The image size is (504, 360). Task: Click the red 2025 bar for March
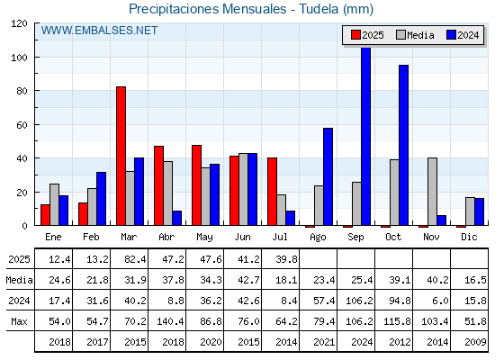pyautogui.click(x=121, y=156)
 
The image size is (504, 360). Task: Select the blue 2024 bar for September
pyautogui.click(x=365, y=136)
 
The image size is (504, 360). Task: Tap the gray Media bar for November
pyautogui.click(x=432, y=192)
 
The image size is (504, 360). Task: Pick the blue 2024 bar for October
pyautogui.click(x=404, y=145)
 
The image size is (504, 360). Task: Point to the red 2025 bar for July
pyautogui.click(x=272, y=192)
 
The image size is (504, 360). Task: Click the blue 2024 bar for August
pyautogui.click(x=328, y=176)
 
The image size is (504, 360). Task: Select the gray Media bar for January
pyautogui.click(x=54, y=204)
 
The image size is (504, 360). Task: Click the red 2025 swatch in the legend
pyautogui.click(x=355, y=35)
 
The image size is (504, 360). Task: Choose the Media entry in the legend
pyautogui.click(x=415, y=35)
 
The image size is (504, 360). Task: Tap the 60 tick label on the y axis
pyautogui.click(x=22, y=125)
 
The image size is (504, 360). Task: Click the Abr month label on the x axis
pyautogui.click(x=166, y=237)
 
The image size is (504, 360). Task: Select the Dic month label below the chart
pyautogui.click(x=469, y=237)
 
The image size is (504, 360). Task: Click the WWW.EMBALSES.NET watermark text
pyautogui.click(x=99, y=31)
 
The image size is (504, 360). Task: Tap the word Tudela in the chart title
pyautogui.click(x=319, y=9)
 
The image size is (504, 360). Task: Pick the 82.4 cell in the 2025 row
pyautogui.click(x=135, y=259)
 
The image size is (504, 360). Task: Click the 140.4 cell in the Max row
pyautogui.click(x=170, y=321)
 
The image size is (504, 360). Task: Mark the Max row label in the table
pyautogui.click(x=19, y=321)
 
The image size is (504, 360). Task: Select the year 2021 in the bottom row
pyautogui.click(x=324, y=342)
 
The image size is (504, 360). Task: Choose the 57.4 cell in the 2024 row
pyautogui.click(x=324, y=301)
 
